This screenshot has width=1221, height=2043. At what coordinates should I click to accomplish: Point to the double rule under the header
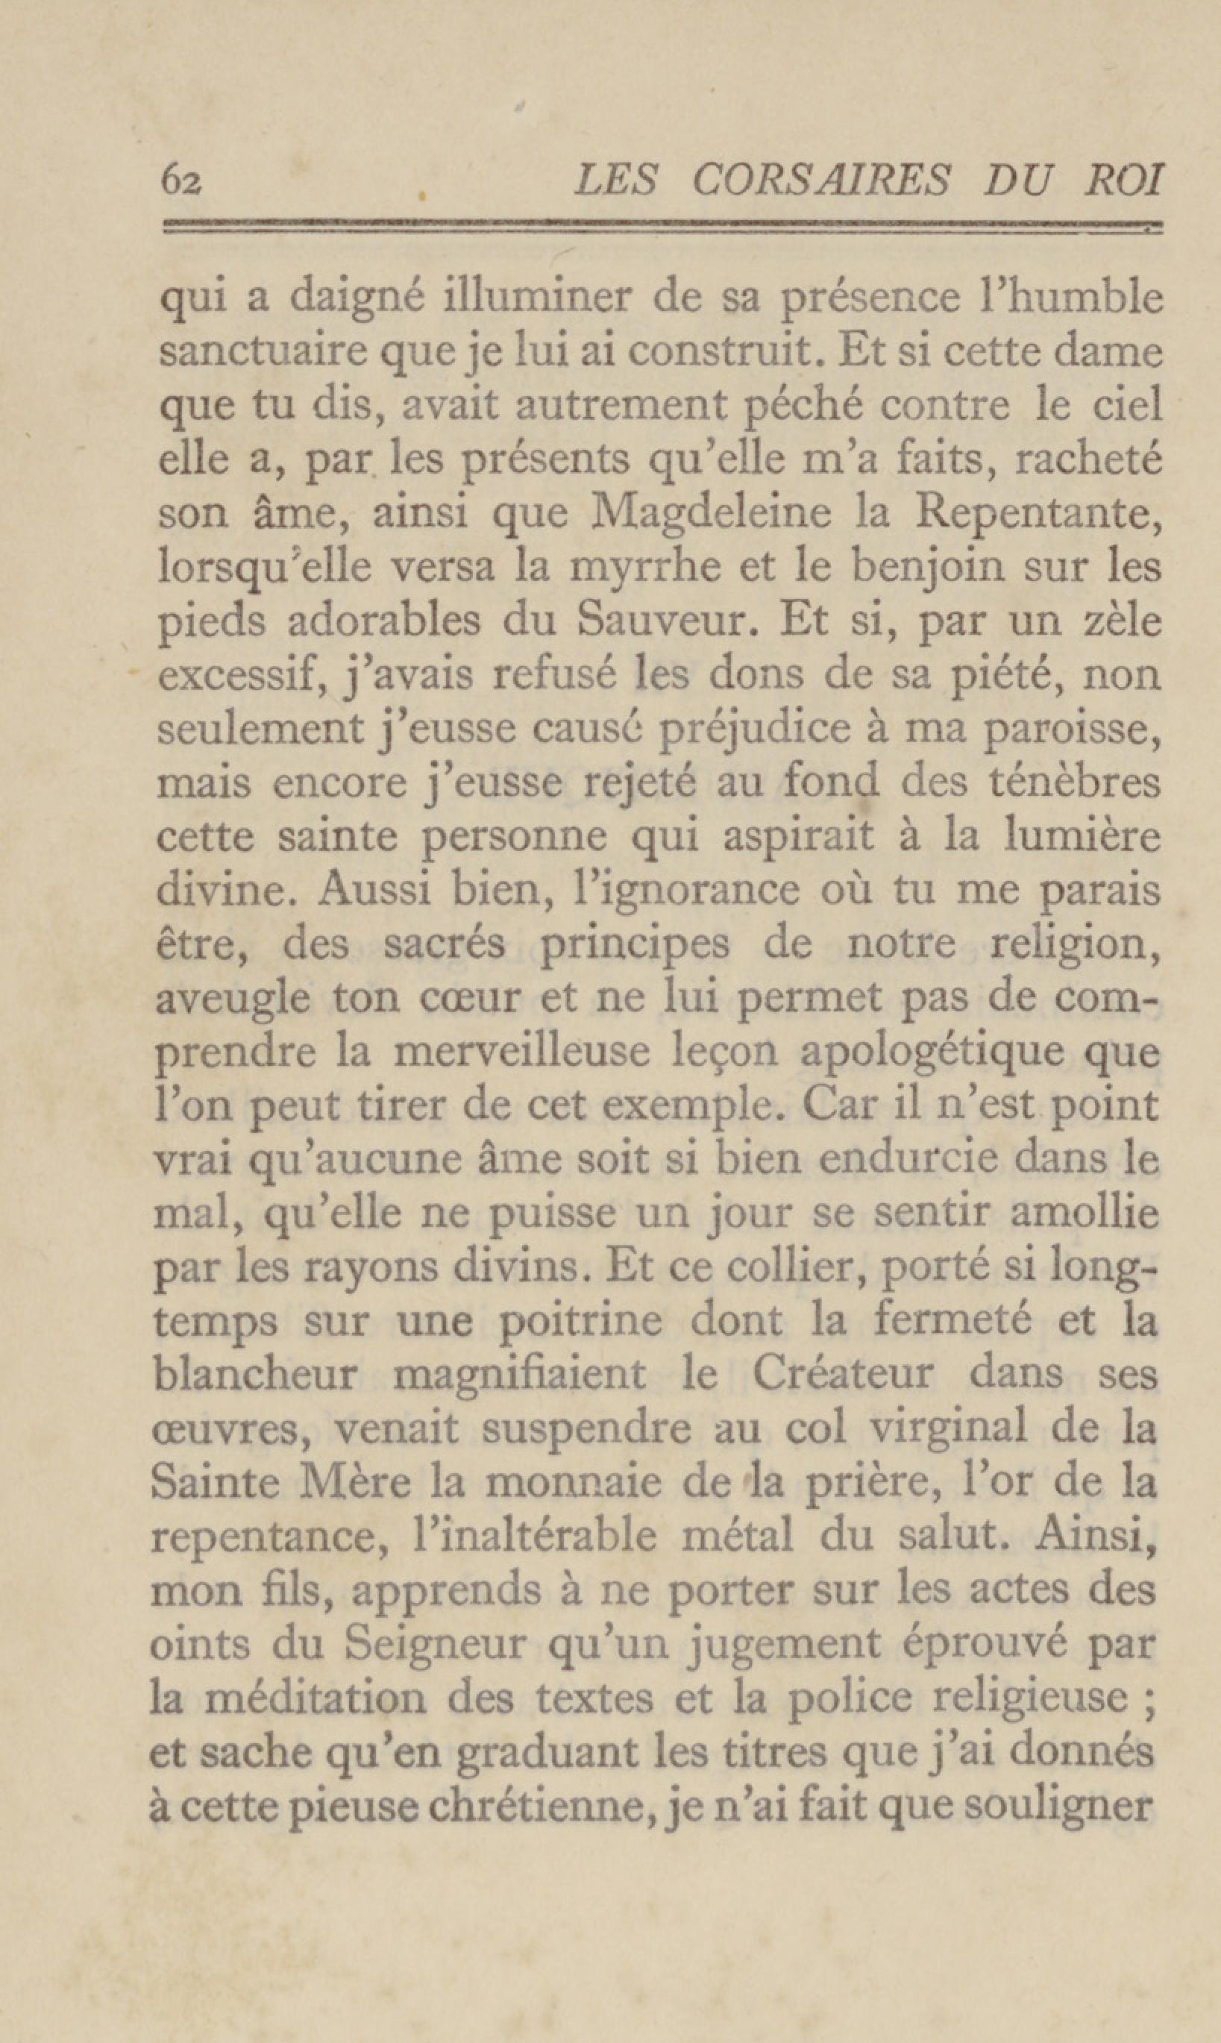(662, 227)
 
